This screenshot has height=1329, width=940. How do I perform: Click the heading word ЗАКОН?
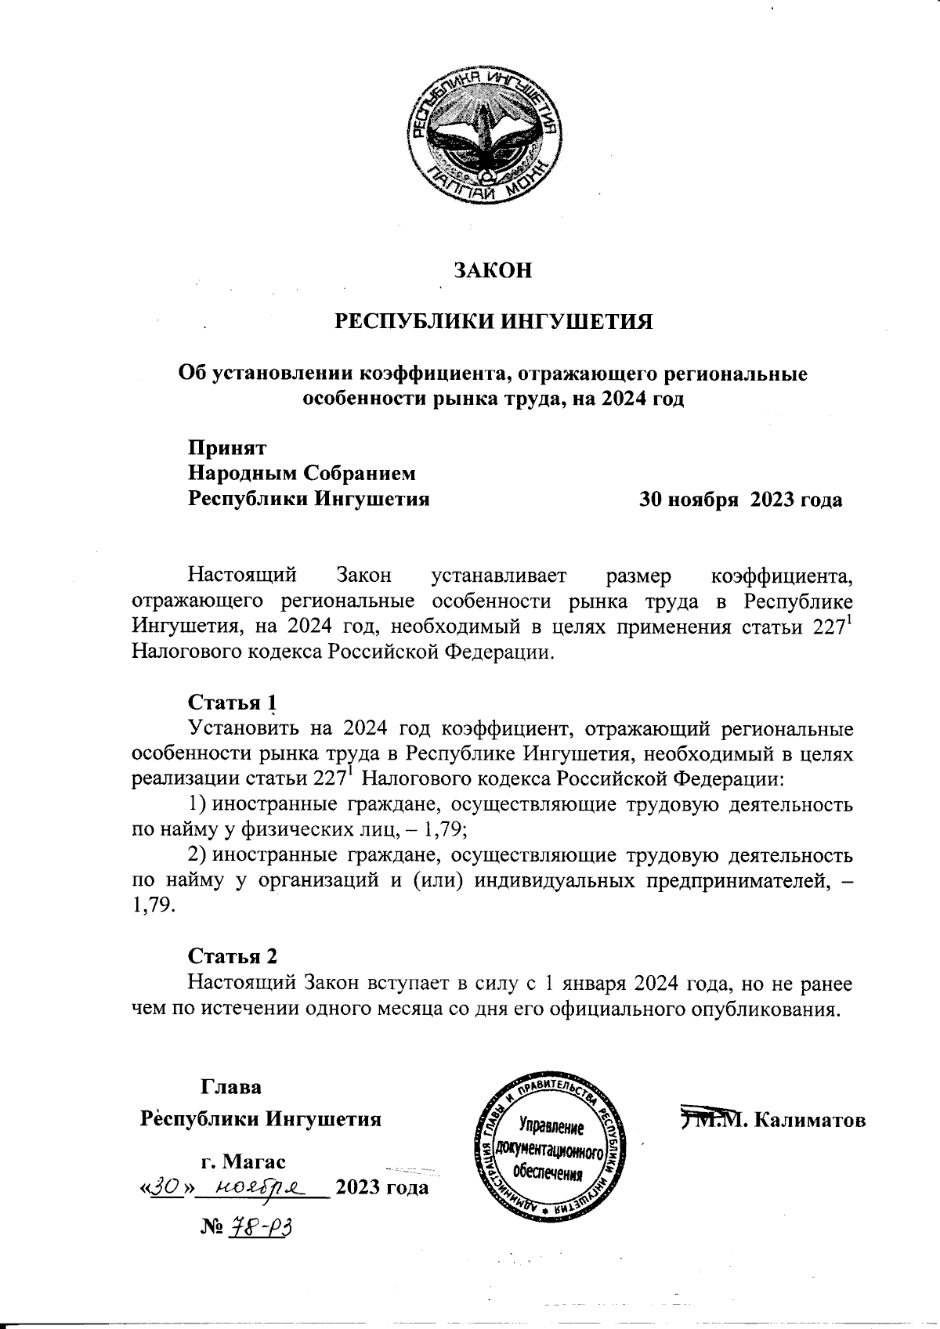pyautogui.click(x=493, y=271)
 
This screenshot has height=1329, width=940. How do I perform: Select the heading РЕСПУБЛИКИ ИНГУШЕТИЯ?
pyautogui.click(x=493, y=323)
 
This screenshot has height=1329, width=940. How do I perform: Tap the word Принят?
pyautogui.click(x=226, y=449)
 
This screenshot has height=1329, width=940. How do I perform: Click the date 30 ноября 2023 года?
pyautogui.click(x=740, y=500)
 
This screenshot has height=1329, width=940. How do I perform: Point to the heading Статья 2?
pyautogui.click(x=232, y=956)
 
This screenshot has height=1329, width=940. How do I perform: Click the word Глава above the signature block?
pyautogui.click(x=232, y=1088)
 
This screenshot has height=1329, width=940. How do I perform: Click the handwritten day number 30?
pyautogui.click(x=166, y=1187)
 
